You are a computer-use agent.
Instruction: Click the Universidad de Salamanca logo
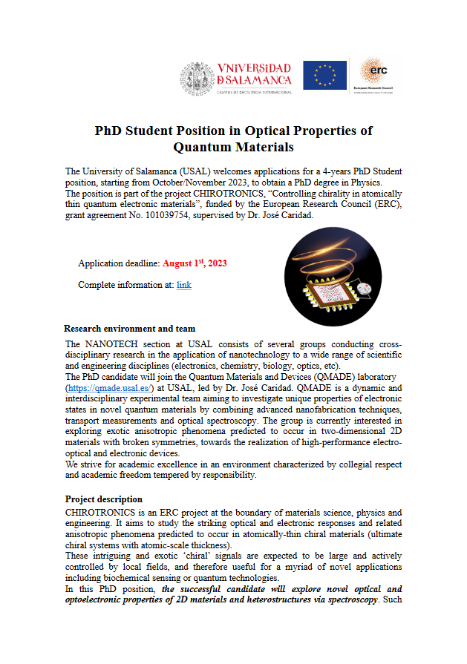pyautogui.click(x=236, y=77)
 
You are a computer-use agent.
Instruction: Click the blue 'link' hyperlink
pyautogui.click(x=184, y=284)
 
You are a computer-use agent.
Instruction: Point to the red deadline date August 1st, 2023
pyautogui.click(x=195, y=263)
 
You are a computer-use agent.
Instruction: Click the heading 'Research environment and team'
pyautogui.click(x=130, y=328)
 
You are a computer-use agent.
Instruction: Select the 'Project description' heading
pyautogui.click(x=104, y=499)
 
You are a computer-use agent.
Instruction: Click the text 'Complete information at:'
pyautogui.click(x=125, y=284)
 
